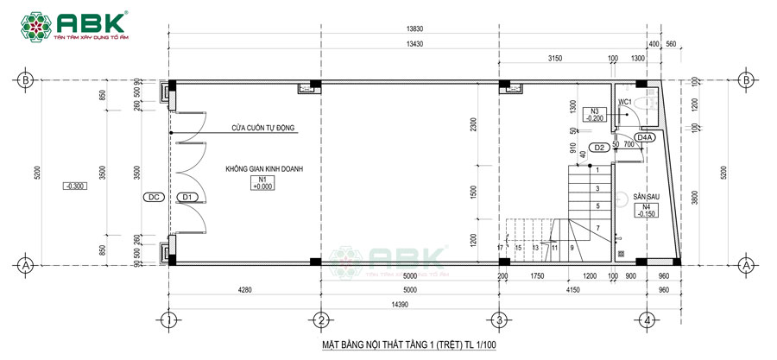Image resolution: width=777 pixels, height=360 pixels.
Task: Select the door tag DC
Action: [x=153, y=198]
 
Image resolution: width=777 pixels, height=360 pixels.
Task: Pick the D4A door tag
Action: [x=645, y=137]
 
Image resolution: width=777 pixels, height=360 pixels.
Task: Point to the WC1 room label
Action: [x=626, y=102]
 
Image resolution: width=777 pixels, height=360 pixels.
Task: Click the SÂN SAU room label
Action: [x=646, y=197]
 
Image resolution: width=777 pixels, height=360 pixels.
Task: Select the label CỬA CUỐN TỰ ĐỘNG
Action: [x=262, y=128]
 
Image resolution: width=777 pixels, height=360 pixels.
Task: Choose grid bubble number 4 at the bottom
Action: [x=647, y=320]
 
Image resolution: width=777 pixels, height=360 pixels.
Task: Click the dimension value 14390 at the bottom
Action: [x=414, y=306]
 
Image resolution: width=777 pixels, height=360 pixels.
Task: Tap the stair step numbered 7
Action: [x=597, y=227]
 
